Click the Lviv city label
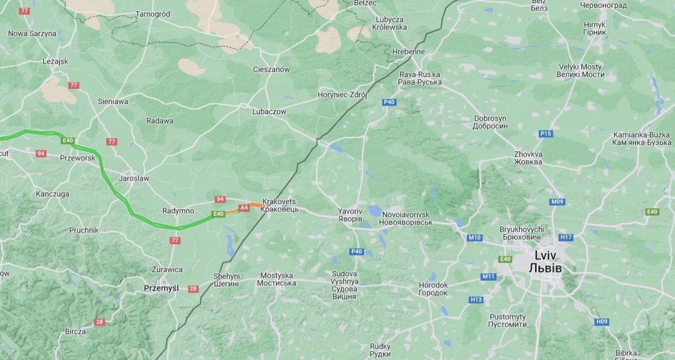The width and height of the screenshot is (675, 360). click(x=545, y=261)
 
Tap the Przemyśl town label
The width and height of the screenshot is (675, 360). click(x=161, y=288)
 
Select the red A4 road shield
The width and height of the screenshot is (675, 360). click(x=244, y=208)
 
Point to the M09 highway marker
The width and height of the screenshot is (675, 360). click(x=557, y=202)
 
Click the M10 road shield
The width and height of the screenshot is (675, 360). click(x=474, y=237)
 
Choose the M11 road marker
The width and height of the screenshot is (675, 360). click(x=488, y=276)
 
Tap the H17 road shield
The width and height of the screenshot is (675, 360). click(x=566, y=237)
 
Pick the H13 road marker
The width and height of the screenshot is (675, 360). click(x=476, y=299)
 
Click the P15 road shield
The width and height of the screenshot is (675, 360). click(x=545, y=133)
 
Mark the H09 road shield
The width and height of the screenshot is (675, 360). click(x=601, y=321)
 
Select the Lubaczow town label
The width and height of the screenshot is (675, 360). click(x=269, y=111)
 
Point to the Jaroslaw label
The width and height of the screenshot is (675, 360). click(x=134, y=178)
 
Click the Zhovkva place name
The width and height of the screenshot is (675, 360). click(x=528, y=157)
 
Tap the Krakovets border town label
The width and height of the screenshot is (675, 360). click(x=280, y=205)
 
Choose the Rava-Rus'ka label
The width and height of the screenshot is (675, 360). click(x=420, y=78)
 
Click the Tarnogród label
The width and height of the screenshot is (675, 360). click(x=152, y=14)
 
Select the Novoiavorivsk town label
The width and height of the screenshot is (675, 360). click(x=406, y=219)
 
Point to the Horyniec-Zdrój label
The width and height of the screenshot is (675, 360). click(x=342, y=94)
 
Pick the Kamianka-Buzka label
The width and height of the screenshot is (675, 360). click(x=641, y=138)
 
